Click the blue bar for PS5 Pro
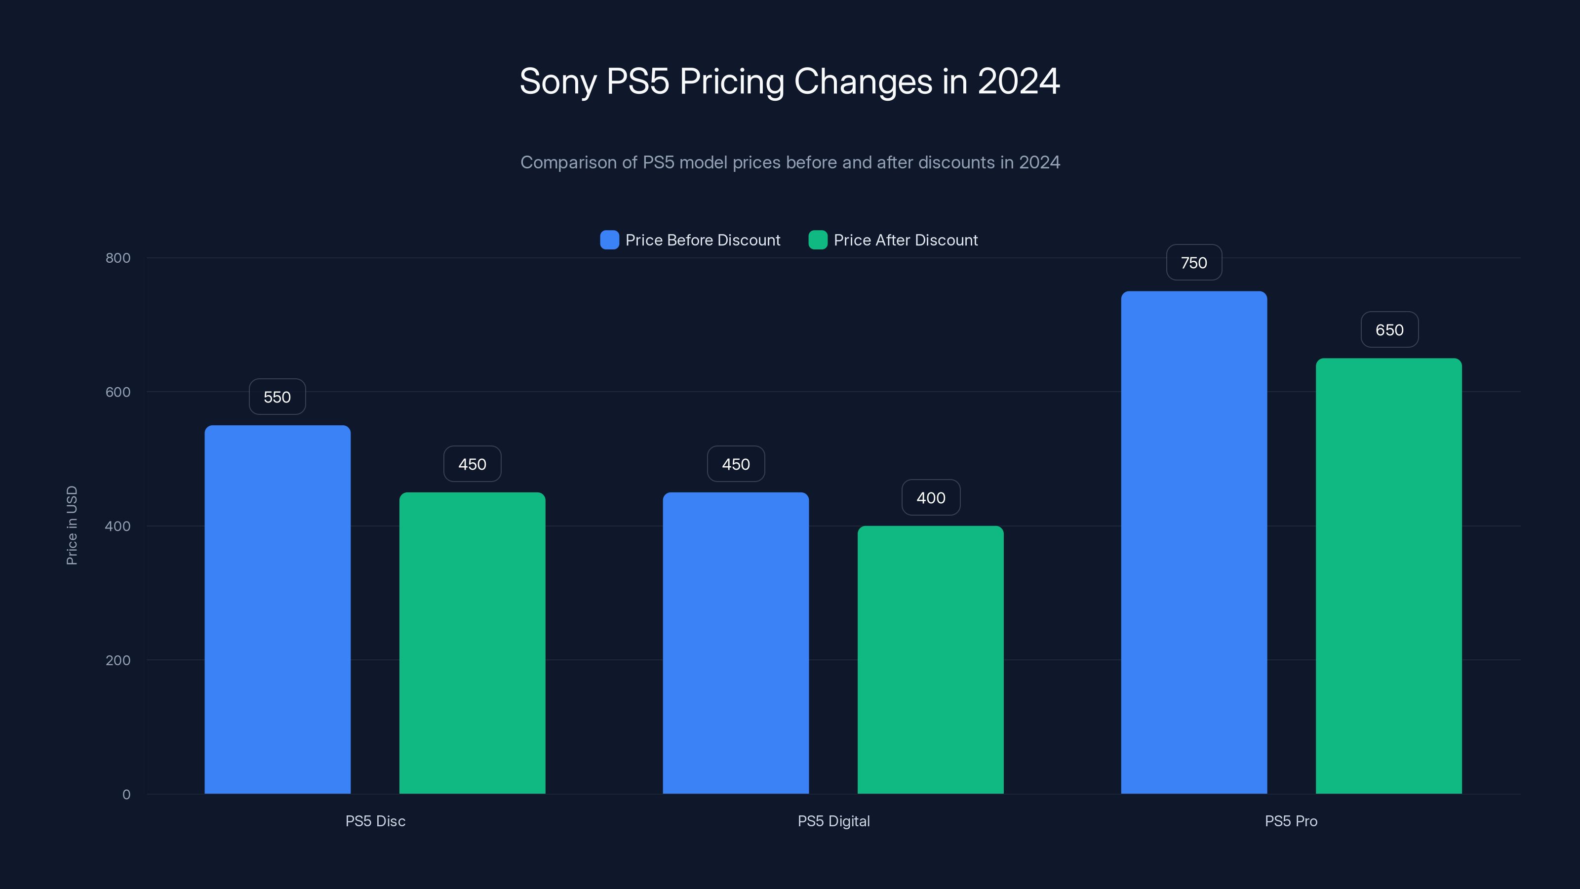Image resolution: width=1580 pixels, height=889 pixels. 1193,542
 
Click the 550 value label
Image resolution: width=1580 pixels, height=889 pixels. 277,397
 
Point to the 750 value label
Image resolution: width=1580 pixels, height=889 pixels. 1193,263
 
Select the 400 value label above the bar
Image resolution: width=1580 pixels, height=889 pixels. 930,497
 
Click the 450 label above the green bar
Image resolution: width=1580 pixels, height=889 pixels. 473,464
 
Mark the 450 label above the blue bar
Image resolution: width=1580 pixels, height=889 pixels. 735,464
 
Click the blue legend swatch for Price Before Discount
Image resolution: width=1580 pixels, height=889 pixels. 609,240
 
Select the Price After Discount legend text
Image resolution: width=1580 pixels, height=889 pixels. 906,240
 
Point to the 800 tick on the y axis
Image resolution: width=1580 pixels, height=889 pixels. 118,258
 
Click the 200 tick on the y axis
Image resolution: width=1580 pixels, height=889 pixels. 118,660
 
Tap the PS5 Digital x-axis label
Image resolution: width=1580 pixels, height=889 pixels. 833,821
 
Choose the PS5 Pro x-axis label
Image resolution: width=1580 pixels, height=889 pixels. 1291,821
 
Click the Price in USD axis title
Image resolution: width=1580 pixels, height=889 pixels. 72,525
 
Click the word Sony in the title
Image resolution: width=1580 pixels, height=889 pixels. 557,81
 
